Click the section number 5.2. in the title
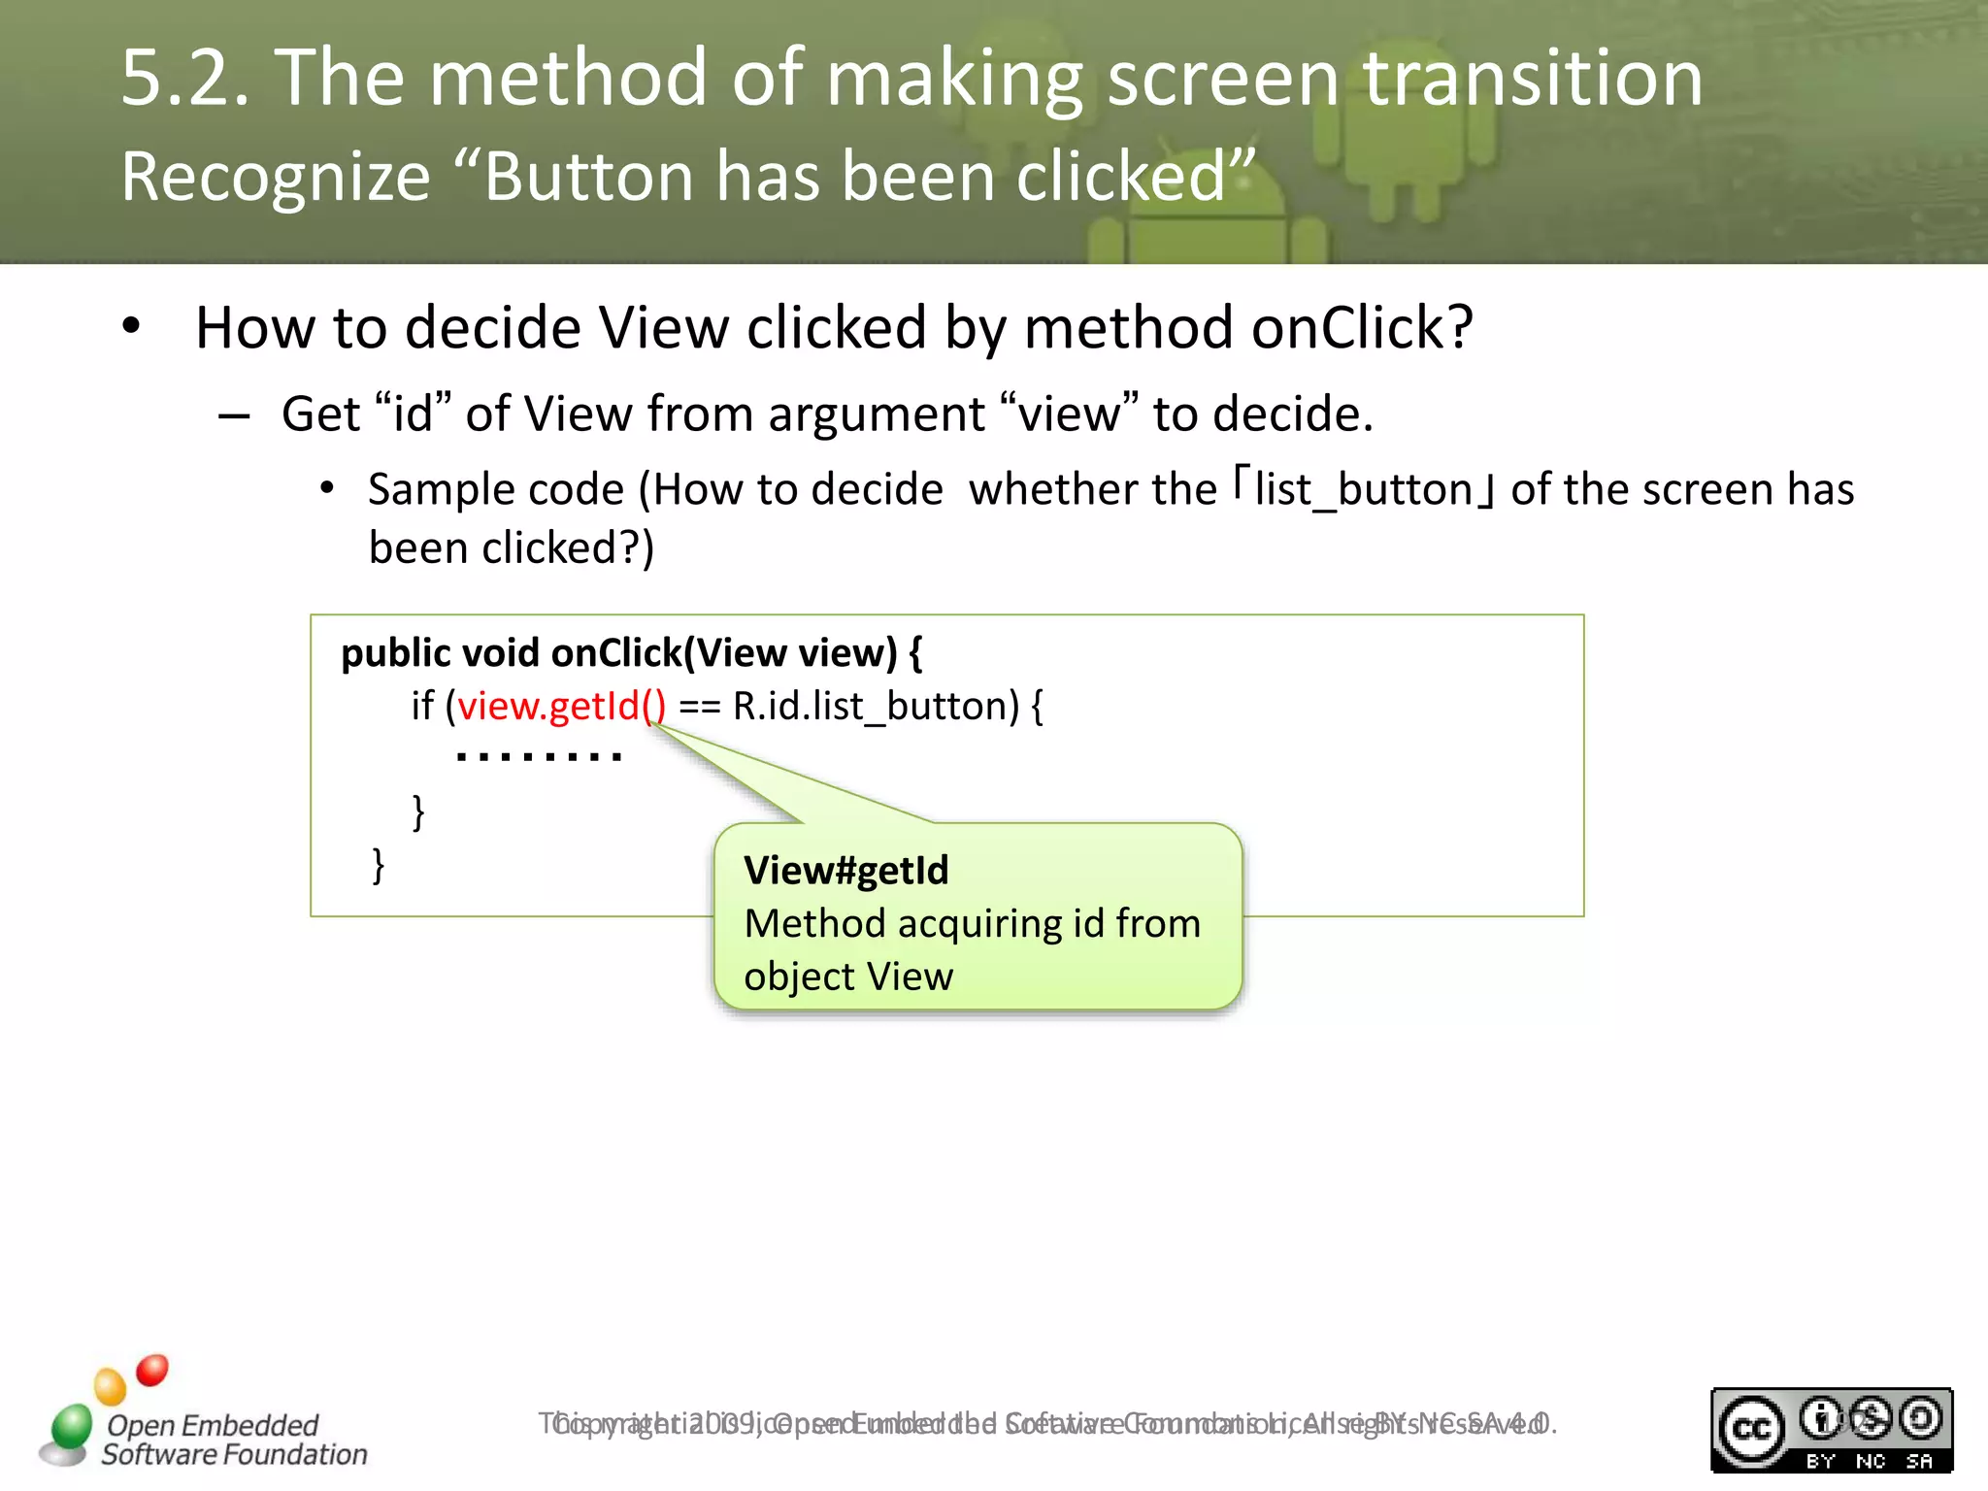click(x=185, y=79)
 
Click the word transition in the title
click(x=1533, y=79)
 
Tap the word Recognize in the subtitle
click(x=276, y=178)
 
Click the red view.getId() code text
click(x=562, y=706)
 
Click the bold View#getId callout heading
click(x=845, y=871)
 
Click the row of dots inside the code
click(x=539, y=756)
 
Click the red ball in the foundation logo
click(x=152, y=1370)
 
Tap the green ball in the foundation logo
click(x=71, y=1427)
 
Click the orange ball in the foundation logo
click(x=110, y=1386)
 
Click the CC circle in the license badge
click(x=1752, y=1428)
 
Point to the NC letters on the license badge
click(x=1870, y=1461)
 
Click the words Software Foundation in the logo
click(x=234, y=1454)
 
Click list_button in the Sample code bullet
click(x=1364, y=489)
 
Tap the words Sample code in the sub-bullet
click(x=495, y=489)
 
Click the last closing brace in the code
click(x=379, y=863)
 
